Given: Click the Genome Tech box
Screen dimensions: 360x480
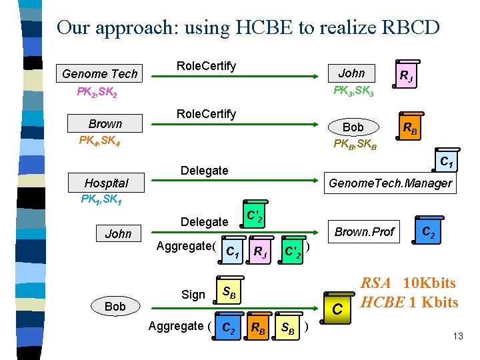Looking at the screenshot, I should (x=99, y=73).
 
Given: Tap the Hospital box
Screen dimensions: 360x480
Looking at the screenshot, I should (x=106, y=183).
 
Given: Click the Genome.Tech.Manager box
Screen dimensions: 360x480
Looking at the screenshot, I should (x=390, y=183).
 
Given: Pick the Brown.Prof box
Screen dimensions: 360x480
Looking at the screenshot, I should (x=364, y=232).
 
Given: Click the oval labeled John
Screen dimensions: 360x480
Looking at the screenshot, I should (x=351, y=73).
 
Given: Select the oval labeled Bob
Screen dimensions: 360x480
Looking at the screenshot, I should (x=353, y=127).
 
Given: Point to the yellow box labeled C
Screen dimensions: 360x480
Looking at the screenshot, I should (x=338, y=309).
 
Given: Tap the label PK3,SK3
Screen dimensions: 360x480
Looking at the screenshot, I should (x=353, y=89).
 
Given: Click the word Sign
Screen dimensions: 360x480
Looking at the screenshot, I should (x=193, y=294).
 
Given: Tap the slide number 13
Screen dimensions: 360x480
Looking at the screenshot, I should (x=457, y=336).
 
